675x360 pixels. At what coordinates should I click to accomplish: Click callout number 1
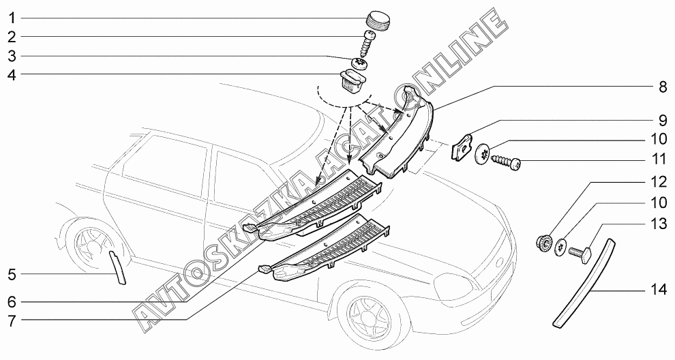[x=12, y=17]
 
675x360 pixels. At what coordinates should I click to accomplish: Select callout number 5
[x=12, y=275]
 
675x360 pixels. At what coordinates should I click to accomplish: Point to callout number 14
[x=658, y=289]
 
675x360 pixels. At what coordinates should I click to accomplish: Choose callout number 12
[x=658, y=182]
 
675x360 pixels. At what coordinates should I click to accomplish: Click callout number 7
[x=12, y=318]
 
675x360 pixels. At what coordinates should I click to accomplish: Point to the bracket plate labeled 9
[x=464, y=146]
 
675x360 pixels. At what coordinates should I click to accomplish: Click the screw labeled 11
[x=509, y=164]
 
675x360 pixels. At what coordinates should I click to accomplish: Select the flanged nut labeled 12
[x=545, y=242]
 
